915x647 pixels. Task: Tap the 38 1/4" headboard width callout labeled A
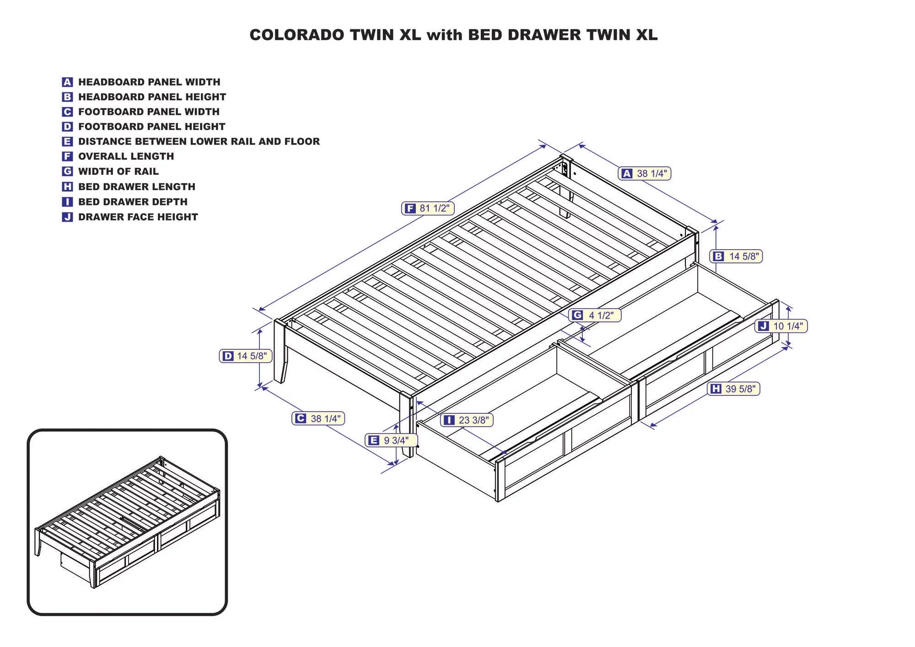[645, 174]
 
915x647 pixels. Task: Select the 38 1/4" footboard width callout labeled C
[318, 418]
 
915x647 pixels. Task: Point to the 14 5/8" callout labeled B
[736, 257]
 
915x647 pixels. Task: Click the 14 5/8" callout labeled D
[246, 356]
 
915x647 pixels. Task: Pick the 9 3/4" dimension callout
[392, 440]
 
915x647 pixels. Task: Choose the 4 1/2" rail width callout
[594, 315]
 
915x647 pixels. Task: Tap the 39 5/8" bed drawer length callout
[733, 389]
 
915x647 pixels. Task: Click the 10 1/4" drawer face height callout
[781, 326]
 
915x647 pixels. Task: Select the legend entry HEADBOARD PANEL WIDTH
[149, 82]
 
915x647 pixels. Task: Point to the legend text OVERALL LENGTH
[126, 156]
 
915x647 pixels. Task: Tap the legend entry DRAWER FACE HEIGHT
[138, 217]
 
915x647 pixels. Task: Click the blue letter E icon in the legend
[67, 142]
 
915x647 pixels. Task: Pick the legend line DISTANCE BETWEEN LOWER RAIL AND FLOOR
[199, 142]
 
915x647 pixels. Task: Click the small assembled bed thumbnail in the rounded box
[127, 521]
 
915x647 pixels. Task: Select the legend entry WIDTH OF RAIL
[118, 171]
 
